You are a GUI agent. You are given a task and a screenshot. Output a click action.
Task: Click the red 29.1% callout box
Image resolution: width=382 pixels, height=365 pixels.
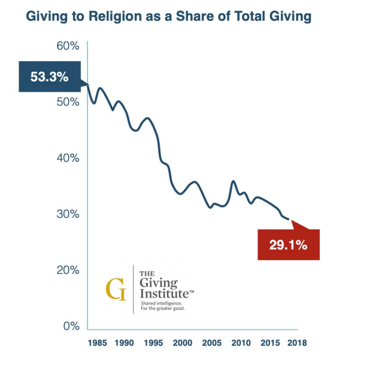[x=288, y=245]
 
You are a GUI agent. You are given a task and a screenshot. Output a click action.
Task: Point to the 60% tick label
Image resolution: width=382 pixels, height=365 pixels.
[x=68, y=46]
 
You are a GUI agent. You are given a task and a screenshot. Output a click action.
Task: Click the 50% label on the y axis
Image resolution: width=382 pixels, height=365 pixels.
[x=68, y=102]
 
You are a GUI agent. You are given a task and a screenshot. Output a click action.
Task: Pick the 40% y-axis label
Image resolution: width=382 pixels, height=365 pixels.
[x=68, y=158]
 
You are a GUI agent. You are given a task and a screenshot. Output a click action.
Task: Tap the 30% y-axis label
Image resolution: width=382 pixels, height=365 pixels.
[x=68, y=214]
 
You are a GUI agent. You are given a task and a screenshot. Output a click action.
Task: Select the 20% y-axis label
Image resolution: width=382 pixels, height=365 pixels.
[x=68, y=270]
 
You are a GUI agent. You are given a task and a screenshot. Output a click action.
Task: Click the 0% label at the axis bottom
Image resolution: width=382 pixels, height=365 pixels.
[x=71, y=326]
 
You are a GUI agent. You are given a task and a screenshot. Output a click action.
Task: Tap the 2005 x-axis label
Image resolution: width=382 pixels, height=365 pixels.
[x=211, y=343]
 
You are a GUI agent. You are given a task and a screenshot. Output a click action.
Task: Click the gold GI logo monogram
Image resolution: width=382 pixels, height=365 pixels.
[x=116, y=290]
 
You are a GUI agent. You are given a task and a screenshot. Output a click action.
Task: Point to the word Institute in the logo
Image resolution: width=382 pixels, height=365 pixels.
[x=160, y=294]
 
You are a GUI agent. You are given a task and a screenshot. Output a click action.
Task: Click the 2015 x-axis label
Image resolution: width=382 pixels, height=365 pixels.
[x=269, y=343]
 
